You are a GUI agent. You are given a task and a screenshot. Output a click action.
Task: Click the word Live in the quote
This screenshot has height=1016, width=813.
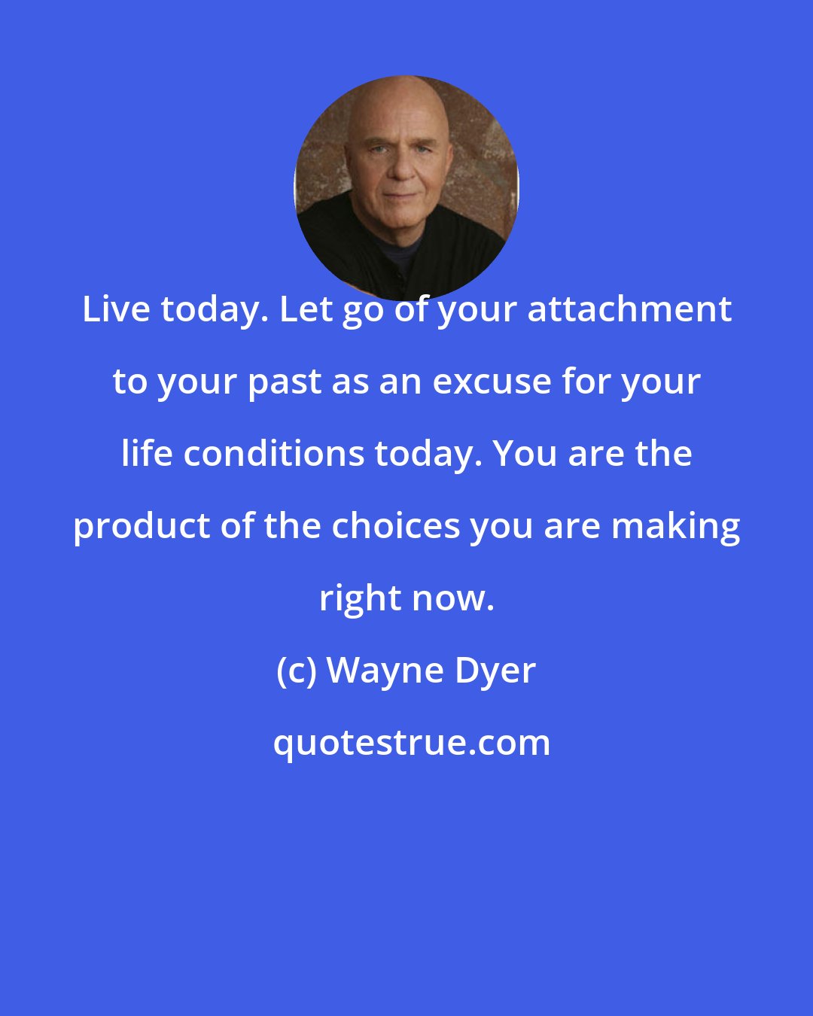click(116, 309)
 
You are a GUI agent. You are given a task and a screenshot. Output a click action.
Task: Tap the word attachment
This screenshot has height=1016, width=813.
click(629, 309)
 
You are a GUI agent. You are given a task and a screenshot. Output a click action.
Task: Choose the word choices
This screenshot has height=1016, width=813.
click(396, 526)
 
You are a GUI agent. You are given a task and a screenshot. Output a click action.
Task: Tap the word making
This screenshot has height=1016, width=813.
click(675, 527)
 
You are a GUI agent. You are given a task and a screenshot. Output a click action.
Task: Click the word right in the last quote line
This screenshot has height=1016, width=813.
click(359, 599)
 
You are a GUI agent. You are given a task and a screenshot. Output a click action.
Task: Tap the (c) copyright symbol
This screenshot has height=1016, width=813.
click(295, 671)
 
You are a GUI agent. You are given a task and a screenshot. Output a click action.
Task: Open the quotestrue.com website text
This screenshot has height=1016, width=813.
click(411, 744)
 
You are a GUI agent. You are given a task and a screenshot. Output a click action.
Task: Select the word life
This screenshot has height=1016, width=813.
click(146, 454)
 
